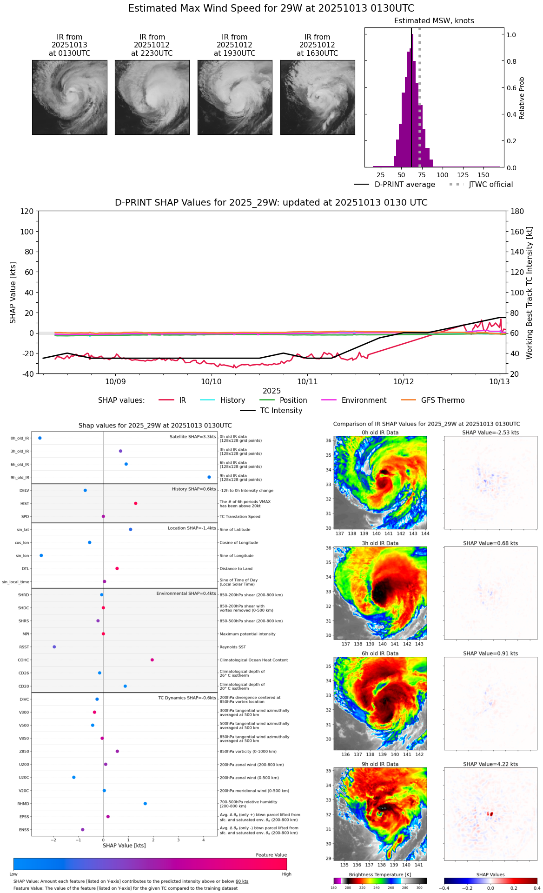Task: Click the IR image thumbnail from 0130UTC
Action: (x=70, y=97)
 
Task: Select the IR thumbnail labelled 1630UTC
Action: (x=318, y=97)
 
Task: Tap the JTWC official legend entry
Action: (x=490, y=185)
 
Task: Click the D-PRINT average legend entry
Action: (x=404, y=185)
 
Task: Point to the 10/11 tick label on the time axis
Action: (x=307, y=382)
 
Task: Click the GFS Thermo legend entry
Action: (x=443, y=400)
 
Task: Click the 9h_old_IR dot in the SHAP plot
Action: (x=209, y=477)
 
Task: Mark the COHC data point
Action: (x=152, y=660)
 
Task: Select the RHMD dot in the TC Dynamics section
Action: (x=145, y=804)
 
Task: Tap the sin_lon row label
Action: (x=22, y=556)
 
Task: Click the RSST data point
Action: (x=54, y=647)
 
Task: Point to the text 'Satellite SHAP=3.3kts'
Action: (x=192, y=437)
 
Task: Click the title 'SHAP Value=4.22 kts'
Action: (x=490, y=764)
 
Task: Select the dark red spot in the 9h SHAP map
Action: (x=490, y=814)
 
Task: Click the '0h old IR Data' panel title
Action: (x=380, y=433)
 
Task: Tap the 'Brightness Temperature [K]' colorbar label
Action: (x=380, y=875)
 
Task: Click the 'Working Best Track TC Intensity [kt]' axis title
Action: (x=530, y=293)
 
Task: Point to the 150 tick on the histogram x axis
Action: (x=483, y=175)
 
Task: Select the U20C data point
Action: (x=74, y=777)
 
